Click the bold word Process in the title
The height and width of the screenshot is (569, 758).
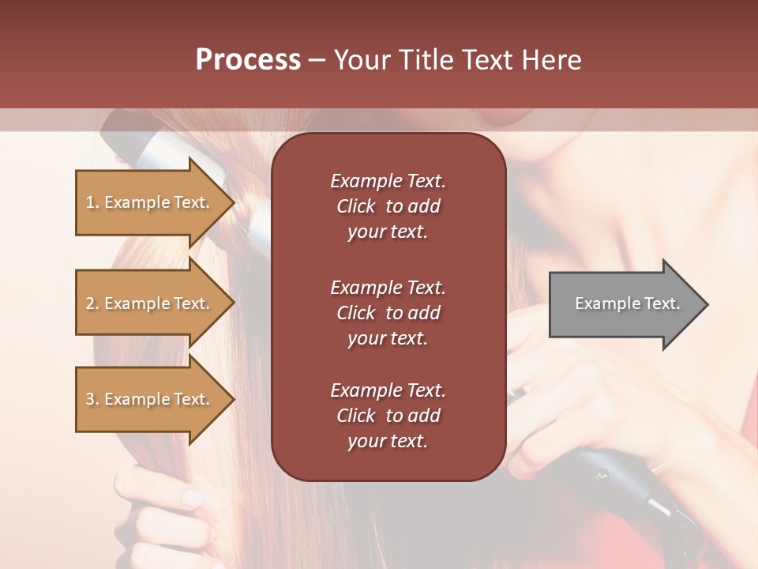click(248, 60)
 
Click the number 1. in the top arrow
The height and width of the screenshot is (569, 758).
click(92, 203)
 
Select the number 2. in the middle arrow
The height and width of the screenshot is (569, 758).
click(92, 304)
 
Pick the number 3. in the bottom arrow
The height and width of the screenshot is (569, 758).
click(92, 400)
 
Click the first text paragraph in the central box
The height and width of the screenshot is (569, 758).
click(388, 206)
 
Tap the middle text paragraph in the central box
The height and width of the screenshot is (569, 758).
click(388, 312)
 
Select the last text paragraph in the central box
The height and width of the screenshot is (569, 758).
click(388, 416)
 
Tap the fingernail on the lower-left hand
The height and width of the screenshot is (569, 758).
click(192, 498)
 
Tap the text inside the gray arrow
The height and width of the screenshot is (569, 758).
click(627, 303)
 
